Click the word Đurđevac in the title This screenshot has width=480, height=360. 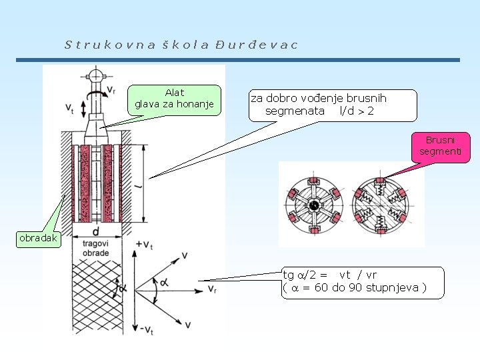pos(257,45)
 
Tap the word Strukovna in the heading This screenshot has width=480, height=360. pos(110,45)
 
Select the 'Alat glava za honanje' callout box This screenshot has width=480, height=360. pos(174,99)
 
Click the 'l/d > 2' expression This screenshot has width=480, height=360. pos(357,111)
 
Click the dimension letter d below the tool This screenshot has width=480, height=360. pos(96,232)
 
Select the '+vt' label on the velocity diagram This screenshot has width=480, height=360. pos(143,246)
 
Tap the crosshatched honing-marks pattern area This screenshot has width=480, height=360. pos(93,293)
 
